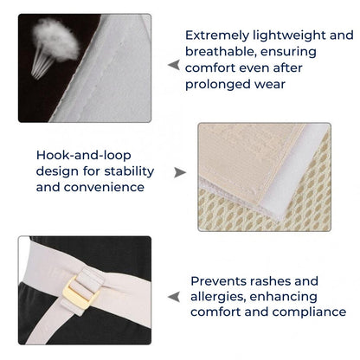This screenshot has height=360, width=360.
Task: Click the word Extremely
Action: tap(217, 35)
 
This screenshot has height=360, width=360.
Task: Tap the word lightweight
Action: tap(290, 35)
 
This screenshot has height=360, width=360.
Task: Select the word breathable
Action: tap(221, 52)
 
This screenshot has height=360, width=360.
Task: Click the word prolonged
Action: tap(217, 85)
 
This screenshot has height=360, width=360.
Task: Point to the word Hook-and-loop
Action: tap(84, 156)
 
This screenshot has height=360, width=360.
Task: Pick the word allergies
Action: tap(218, 297)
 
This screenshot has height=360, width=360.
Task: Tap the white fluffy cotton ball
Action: tap(56, 39)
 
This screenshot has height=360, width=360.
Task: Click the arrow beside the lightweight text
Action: tap(174, 65)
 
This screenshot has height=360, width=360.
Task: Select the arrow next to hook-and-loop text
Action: tap(180, 172)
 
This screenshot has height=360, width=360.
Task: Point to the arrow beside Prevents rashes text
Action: tap(174, 297)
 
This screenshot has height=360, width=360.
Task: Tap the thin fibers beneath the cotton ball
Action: tap(42, 64)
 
